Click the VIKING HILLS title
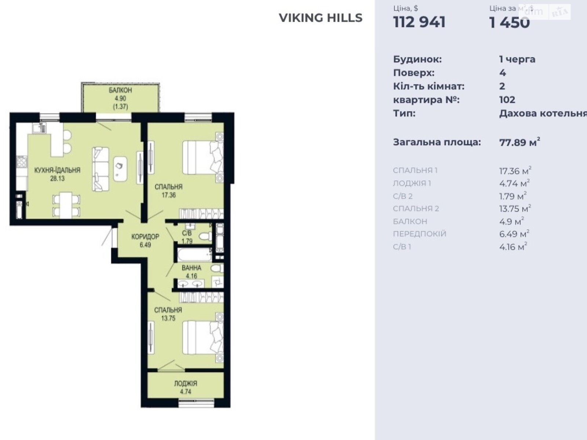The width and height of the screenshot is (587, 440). pyautogui.click(x=320, y=18)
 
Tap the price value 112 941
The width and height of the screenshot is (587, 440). pyautogui.click(x=419, y=22)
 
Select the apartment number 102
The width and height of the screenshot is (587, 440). pyautogui.click(x=507, y=100)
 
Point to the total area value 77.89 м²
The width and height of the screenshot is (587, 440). pyautogui.click(x=519, y=142)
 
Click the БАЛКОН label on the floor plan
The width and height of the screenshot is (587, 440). pyautogui.click(x=120, y=90)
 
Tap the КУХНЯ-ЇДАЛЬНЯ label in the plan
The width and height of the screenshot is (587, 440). pyautogui.click(x=57, y=170)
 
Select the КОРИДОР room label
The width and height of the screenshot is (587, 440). pyautogui.click(x=145, y=236)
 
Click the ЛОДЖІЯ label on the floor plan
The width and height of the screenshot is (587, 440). pyautogui.click(x=186, y=384)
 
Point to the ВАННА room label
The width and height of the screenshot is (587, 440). pyautogui.click(x=192, y=268)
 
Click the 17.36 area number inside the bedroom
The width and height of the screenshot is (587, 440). pyautogui.click(x=169, y=195)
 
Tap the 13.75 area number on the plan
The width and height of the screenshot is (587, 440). pyautogui.click(x=168, y=318)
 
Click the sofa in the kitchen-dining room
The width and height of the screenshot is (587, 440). pyautogui.click(x=101, y=169)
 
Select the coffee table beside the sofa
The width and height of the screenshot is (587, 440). pyautogui.click(x=120, y=169)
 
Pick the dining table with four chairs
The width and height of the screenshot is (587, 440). pyautogui.click(x=66, y=205)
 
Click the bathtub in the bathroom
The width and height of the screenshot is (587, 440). pyautogui.click(x=194, y=254)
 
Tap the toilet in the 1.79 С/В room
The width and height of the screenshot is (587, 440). pyautogui.click(x=205, y=236)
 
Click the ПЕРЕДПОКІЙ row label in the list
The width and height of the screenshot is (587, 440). pyautogui.click(x=420, y=234)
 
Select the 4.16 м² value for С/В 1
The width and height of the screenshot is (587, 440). pyautogui.click(x=513, y=246)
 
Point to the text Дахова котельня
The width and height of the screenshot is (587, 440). pyautogui.click(x=543, y=114)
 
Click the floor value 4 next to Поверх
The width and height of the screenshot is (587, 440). pyautogui.click(x=503, y=73)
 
